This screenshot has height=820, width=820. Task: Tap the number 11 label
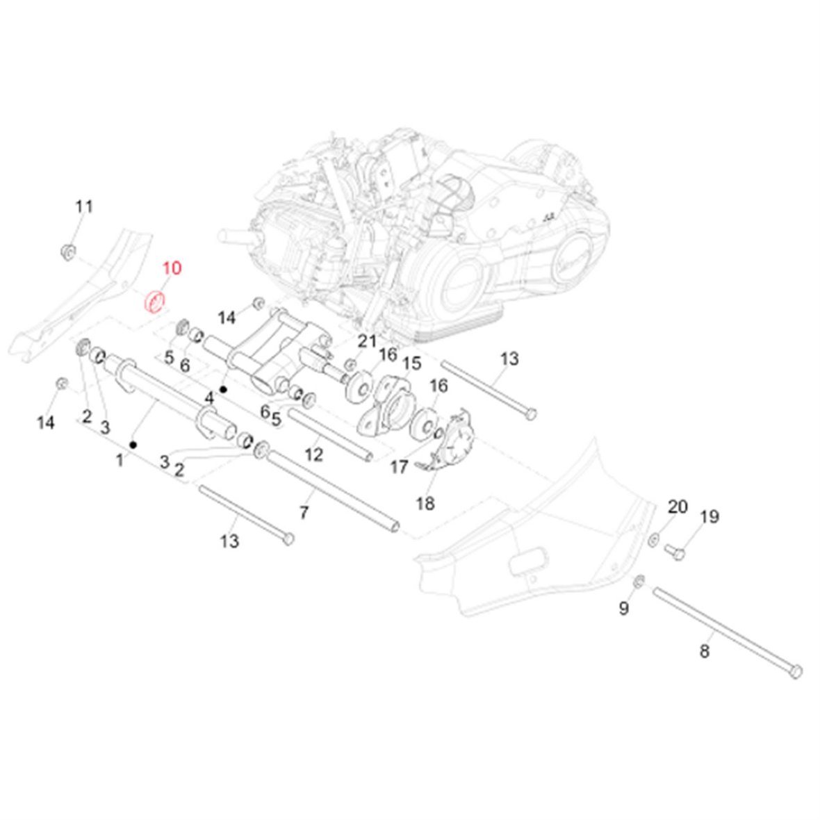click(84, 206)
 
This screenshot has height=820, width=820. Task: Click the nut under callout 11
click(69, 251)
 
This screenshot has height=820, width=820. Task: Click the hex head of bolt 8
click(796, 671)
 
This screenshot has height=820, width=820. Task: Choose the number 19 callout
click(710, 516)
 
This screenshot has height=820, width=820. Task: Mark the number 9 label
click(623, 609)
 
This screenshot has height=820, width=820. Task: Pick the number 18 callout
click(425, 503)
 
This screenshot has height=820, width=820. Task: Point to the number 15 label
click(412, 363)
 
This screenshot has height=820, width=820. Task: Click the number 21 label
click(367, 341)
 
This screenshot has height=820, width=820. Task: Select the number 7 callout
click(304, 514)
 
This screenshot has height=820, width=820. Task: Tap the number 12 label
click(314, 454)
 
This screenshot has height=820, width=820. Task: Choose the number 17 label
click(399, 467)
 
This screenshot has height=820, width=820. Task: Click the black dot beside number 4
click(224, 390)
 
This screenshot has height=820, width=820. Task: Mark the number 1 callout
click(120, 459)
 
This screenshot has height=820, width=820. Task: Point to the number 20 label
click(678, 507)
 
